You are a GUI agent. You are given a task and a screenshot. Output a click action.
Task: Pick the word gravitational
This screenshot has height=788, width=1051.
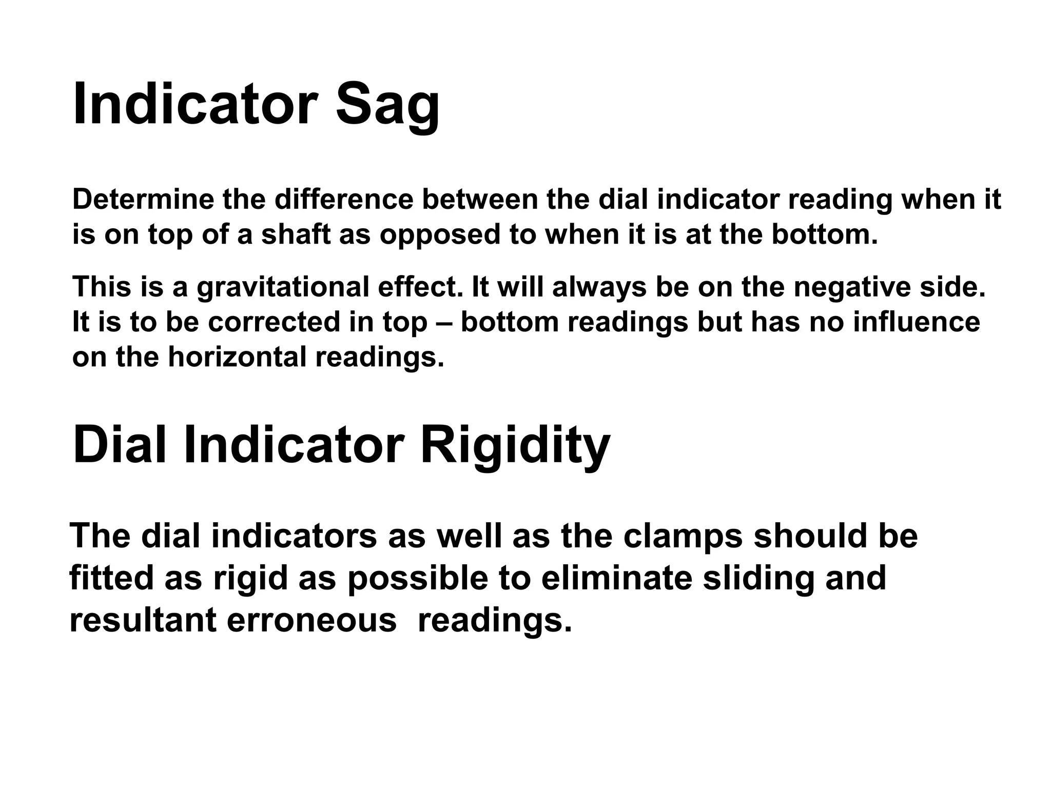click(x=283, y=287)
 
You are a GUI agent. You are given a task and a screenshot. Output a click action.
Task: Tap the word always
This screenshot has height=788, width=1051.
click(x=599, y=287)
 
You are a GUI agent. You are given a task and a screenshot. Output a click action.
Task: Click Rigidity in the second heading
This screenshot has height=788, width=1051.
click(x=515, y=445)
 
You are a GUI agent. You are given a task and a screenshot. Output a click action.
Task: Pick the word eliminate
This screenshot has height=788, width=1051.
click(x=617, y=579)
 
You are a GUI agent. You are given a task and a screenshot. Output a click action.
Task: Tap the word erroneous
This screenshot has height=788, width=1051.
click(x=311, y=621)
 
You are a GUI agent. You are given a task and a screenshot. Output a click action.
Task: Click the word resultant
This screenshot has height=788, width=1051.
click(x=143, y=621)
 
